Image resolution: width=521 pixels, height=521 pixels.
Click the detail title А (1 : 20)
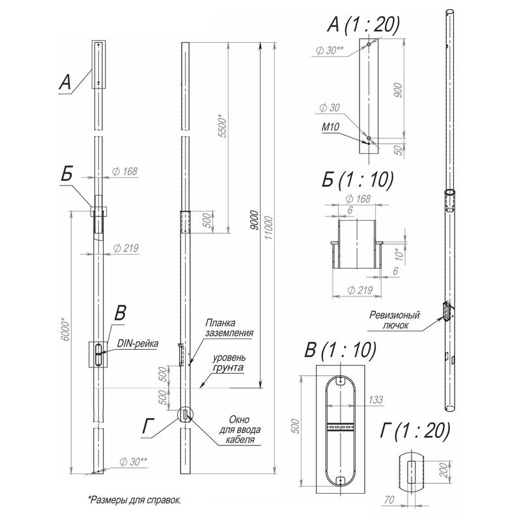363,24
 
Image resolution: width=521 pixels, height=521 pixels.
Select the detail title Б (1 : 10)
358,180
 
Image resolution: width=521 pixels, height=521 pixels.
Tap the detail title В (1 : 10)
341,350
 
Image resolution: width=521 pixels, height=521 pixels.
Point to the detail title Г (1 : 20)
415,430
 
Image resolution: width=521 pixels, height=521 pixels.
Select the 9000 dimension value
254,220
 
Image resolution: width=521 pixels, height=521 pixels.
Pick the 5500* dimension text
222,126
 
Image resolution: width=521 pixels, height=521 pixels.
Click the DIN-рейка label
137,344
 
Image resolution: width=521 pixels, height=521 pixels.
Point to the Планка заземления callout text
229,328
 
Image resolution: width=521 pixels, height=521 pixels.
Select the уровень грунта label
229,363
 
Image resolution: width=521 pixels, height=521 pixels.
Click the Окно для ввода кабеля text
240,430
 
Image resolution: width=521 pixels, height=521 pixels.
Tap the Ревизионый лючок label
395,320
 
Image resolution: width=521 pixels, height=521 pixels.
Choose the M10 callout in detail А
331,127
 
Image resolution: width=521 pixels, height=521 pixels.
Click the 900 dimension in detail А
398,91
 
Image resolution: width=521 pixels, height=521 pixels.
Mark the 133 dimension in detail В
376,400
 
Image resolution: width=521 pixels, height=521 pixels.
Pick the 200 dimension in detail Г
444,470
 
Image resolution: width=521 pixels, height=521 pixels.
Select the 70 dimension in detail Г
389,500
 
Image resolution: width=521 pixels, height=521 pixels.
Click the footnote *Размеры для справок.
135,500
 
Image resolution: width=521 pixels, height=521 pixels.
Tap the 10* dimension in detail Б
400,255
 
